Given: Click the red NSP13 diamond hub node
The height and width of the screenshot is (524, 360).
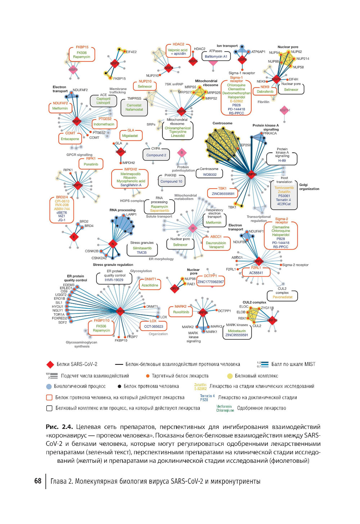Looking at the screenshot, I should coord(251,174).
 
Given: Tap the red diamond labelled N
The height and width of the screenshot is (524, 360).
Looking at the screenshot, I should coord(113,244).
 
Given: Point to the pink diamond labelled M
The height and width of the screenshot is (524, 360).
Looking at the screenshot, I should coord(193,228).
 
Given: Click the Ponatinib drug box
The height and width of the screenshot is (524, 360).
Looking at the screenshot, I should coord(91,164).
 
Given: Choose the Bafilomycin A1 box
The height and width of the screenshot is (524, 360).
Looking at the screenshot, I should coord(216,57).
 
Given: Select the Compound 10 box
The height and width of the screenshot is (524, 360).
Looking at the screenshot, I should coord(171,182).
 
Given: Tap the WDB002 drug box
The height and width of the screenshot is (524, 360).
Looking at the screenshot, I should coord(210,175).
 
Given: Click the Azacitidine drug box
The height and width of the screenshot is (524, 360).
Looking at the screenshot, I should coord(150,285).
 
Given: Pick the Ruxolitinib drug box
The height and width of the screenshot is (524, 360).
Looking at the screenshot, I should coord(181,312).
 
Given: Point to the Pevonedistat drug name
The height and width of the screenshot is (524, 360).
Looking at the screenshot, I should coord(283,297).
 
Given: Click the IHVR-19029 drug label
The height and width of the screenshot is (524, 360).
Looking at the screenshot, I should coord(114,280).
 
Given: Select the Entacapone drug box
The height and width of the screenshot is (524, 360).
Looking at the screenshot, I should coord(70,139).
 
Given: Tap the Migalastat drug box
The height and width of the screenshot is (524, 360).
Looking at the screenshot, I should coord(130,136).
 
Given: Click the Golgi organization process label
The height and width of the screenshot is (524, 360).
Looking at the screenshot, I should coord(309,187).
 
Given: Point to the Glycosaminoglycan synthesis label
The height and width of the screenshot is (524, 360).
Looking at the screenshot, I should coord(82,344).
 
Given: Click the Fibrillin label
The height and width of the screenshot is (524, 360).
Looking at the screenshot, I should coord(264,102).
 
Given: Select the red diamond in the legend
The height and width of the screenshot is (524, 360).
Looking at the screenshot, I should coord(50,364).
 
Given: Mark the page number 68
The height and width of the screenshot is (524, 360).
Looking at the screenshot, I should coord(38,481).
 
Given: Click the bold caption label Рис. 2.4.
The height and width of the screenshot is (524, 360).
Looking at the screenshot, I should coord(59,427).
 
